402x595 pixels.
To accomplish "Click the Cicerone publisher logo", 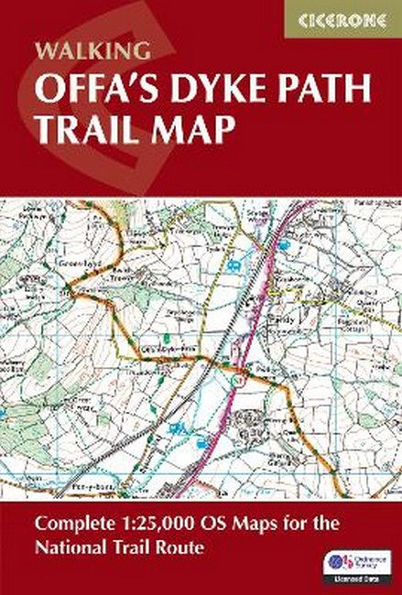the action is pos(350,18).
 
